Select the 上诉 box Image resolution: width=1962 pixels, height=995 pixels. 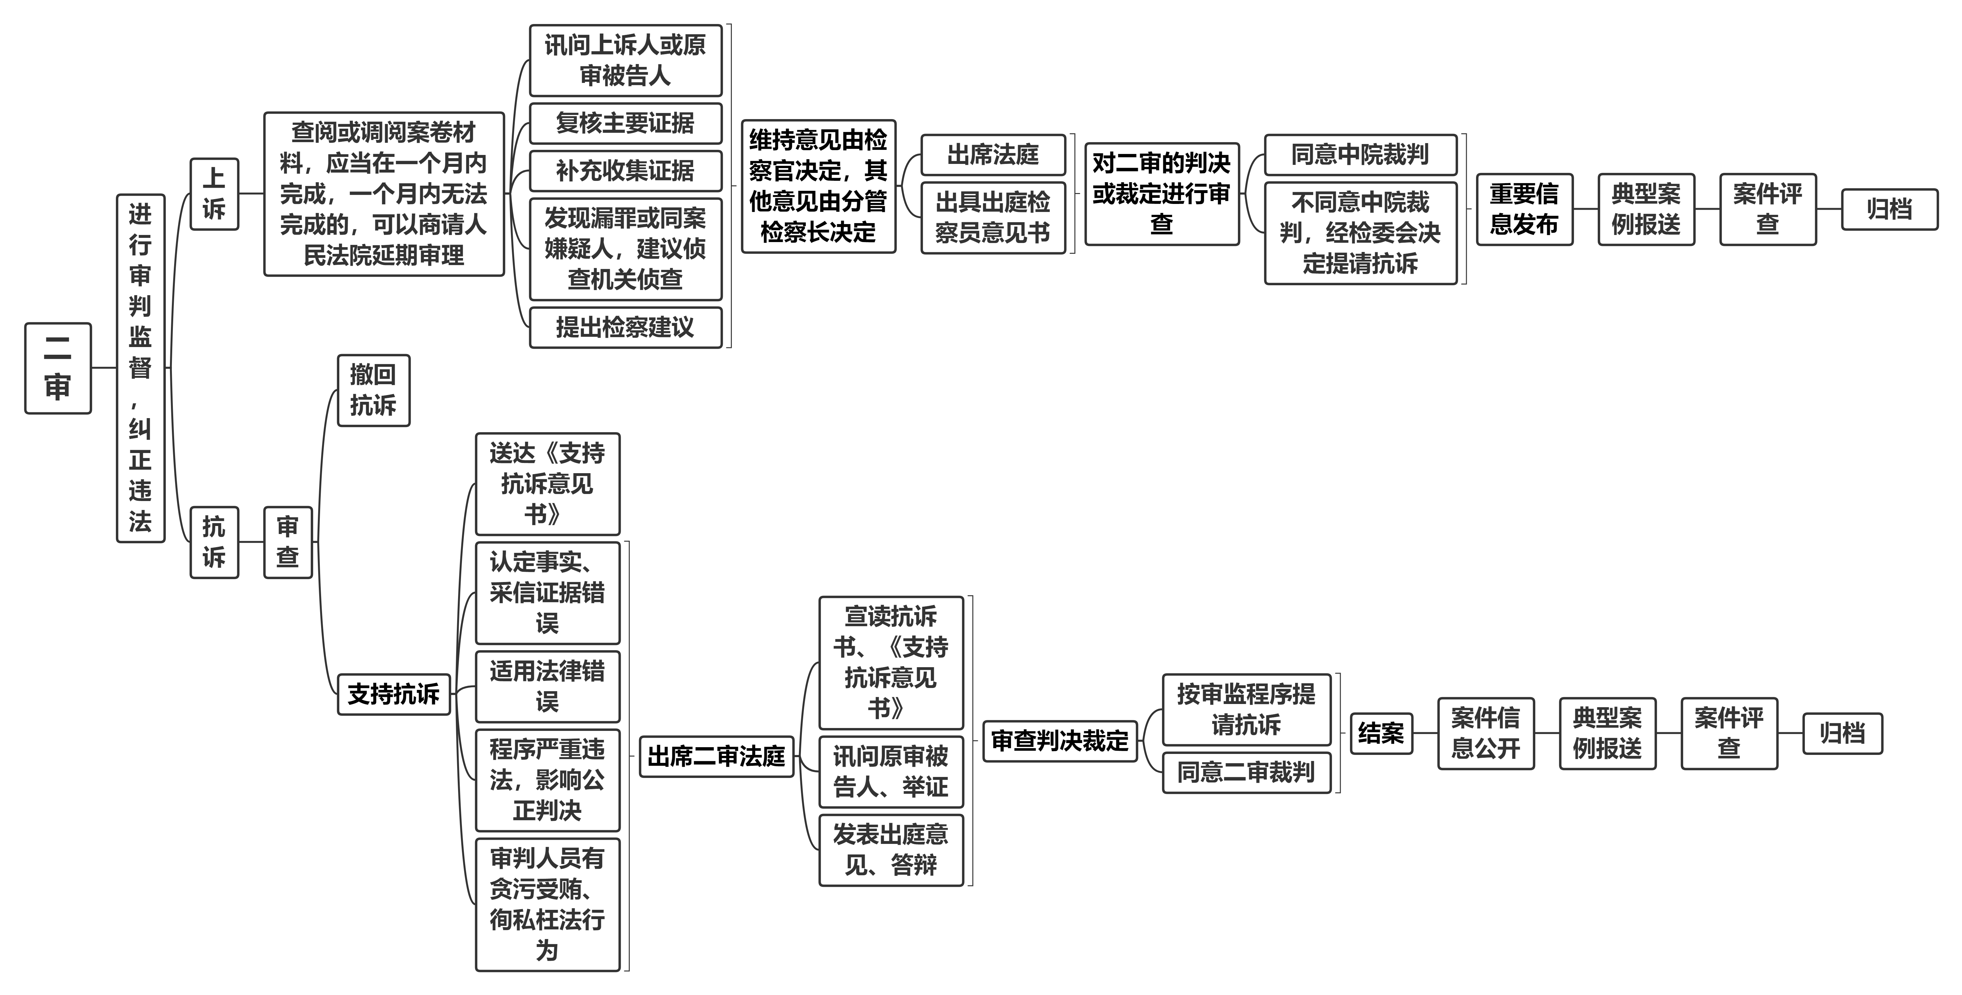[214, 194]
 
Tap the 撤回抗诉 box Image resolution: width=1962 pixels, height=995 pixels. [373, 390]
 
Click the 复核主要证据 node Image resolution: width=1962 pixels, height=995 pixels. [625, 124]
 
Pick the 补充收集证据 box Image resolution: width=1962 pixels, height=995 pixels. [625, 171]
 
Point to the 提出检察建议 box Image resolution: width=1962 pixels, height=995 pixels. [625, 328]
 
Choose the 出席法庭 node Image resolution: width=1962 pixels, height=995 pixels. [993, 155]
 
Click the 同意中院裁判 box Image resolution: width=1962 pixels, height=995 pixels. [1360, 155]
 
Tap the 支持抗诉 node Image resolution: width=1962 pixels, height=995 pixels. [394, 694]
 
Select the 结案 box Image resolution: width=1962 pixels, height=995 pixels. [1382, 734]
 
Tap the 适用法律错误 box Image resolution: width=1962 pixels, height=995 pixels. [548, 686]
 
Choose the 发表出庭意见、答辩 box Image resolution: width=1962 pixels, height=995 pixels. [891, 850]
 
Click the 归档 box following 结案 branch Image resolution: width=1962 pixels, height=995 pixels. [1842, 734]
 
